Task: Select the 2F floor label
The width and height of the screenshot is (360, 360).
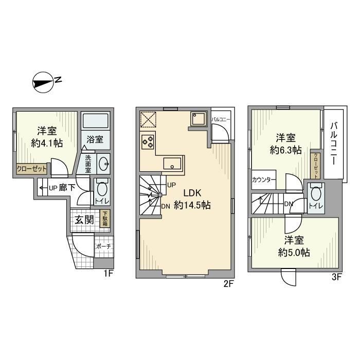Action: pyautogui.click(x=228, y=283)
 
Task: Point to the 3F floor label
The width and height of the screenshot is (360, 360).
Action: pyautogui.click(x=337, y=277)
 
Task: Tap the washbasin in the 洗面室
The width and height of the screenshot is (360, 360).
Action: pyautogui.click(x=102, y=164)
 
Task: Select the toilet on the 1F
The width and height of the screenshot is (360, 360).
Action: pyautogui.click(x=101, y=189)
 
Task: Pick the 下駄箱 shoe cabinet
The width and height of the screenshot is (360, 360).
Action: pyautogui.click(x=105, y=219)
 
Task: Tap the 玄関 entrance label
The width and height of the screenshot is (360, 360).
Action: pyautogui.click(x=84, y=220)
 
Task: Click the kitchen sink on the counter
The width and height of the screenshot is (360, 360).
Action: pyautogui.click(x=171, y=164)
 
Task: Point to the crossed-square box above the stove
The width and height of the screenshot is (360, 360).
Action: pyautogui.click(x=148, y=119)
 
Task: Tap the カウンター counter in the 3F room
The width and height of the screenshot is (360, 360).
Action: pyautogui.click(x=264, y=180)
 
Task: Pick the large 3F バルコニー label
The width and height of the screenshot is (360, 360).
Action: pyautogui.click(x=334, y=142)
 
